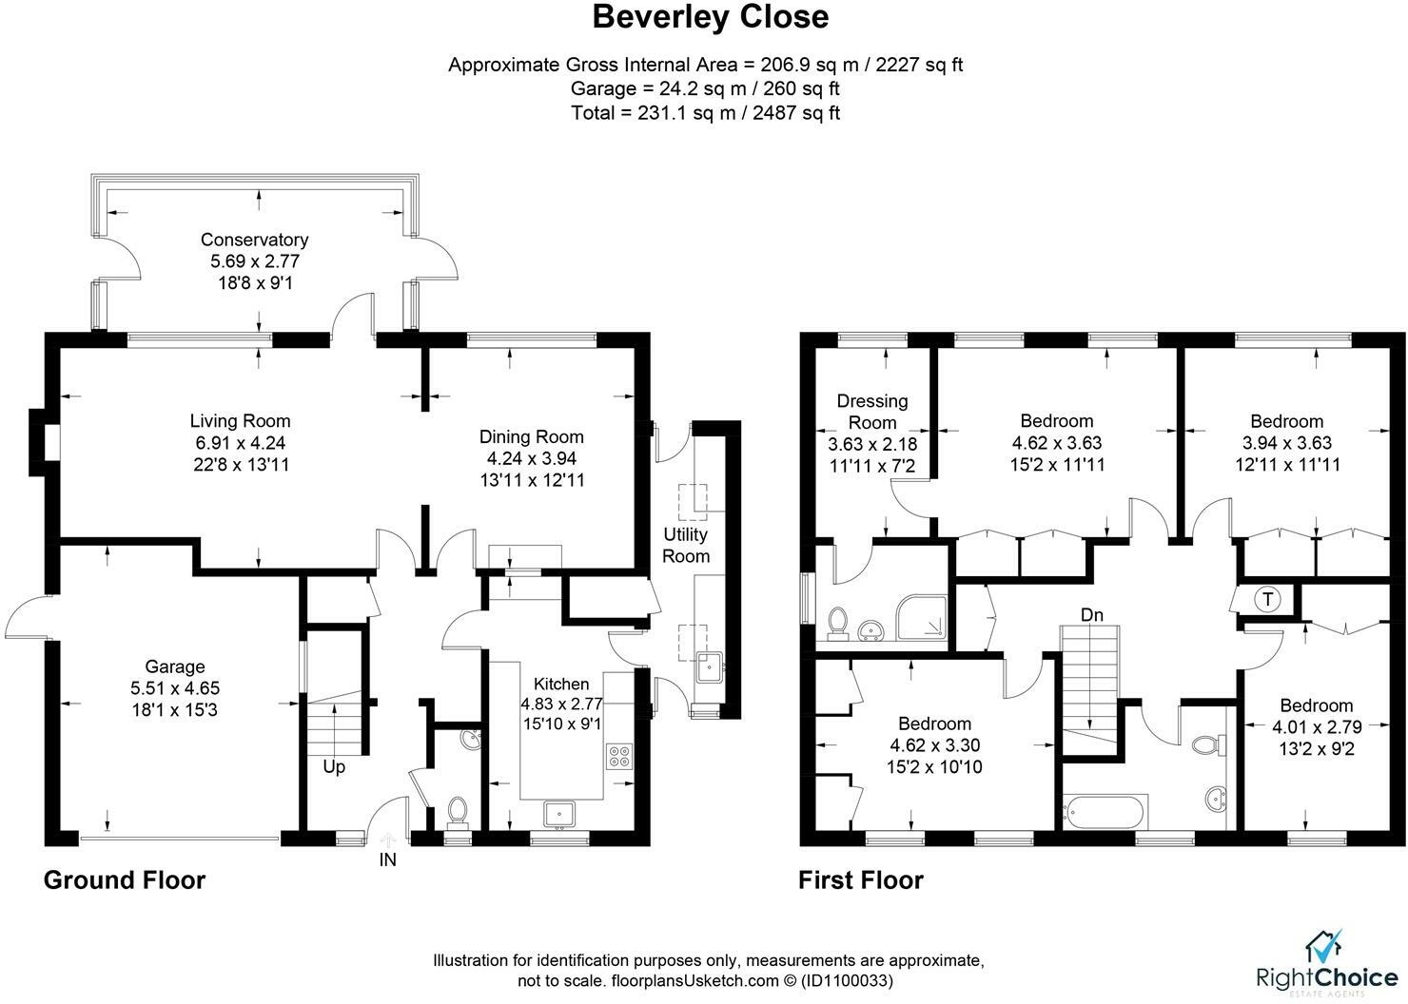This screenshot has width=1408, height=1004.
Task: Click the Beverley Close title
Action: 711,17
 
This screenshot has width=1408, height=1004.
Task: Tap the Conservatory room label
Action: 255,240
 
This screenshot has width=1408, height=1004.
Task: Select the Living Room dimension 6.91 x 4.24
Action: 240,443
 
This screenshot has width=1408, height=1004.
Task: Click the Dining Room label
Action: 531,436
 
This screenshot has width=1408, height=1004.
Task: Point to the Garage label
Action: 175,666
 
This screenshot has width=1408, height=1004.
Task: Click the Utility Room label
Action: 686,545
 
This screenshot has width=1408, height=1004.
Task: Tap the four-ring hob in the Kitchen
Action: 619,757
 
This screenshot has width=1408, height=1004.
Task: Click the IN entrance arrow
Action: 388,840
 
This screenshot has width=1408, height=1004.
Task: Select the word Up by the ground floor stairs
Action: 334,767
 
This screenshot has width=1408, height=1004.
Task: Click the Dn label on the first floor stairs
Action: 1092,614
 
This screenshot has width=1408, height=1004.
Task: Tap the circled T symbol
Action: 1268,599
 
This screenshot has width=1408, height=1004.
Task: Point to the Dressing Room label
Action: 872,412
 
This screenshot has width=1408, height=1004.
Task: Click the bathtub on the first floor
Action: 1105,812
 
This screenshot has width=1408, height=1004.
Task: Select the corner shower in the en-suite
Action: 922,617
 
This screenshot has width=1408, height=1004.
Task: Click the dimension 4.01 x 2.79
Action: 1317,727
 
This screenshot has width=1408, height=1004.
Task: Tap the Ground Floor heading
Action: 125,880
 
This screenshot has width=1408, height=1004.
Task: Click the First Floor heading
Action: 861,880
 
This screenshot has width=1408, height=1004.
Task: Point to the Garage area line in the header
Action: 705,88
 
